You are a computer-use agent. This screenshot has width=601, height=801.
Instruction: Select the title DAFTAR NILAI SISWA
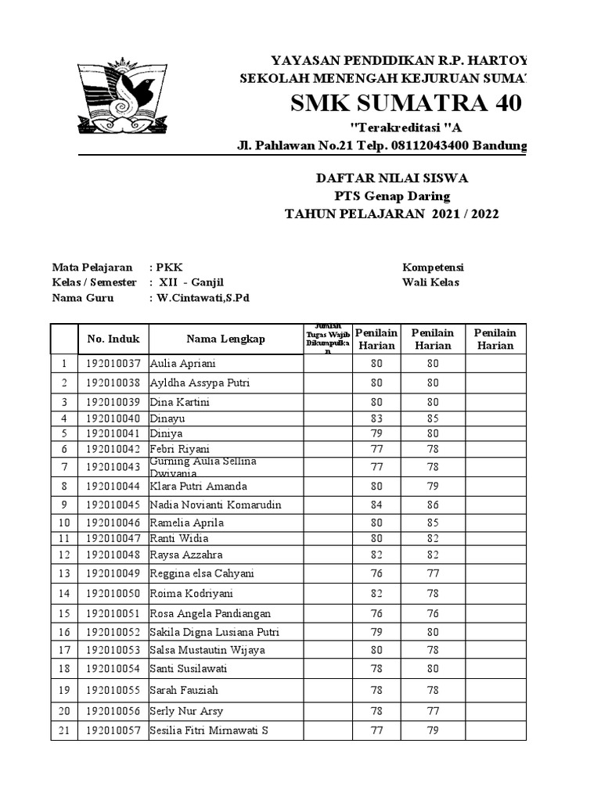[391, 178]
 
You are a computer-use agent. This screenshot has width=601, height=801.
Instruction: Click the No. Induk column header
[113, 339]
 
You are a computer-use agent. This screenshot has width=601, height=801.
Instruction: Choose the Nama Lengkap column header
[225, 339]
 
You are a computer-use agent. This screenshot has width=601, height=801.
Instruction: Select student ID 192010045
[113, 505]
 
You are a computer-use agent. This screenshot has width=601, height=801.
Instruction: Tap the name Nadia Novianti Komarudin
[215, 505]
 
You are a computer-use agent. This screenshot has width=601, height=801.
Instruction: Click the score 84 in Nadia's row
[376, 505]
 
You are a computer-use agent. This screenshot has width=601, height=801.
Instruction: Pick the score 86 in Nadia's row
[433, 505]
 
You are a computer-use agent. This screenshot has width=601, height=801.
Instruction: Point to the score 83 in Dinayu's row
[376, 418]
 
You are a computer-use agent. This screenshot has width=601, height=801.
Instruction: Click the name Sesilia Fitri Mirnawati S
[209, 731]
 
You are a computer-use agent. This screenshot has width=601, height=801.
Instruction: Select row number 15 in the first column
[64, 613]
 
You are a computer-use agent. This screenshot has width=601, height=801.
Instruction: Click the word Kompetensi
[433, 268]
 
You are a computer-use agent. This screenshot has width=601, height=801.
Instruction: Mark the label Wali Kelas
[430, 282]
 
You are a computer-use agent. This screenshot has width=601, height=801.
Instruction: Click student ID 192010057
[113, 731]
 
